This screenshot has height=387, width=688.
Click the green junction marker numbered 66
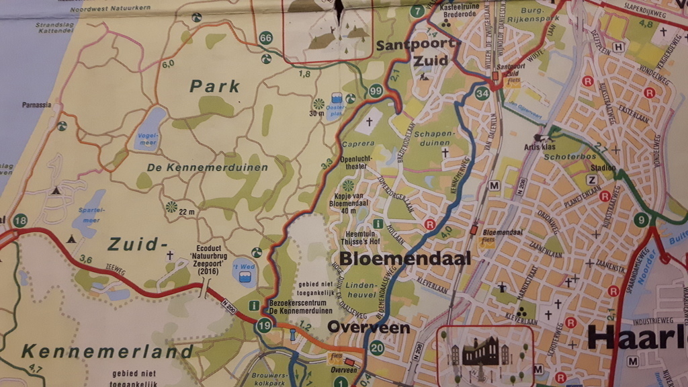tap(266, 38)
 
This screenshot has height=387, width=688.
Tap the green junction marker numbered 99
tap(376, 91)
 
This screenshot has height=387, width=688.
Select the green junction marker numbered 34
tap(481, 93)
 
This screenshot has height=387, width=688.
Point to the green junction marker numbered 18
tap(20, 220)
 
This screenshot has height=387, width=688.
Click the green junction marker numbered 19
tap(264, 326)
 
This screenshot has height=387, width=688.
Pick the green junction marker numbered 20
tap(377, 347)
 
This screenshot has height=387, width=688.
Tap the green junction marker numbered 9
tap(643, 220)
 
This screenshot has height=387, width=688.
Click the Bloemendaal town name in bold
tap(404, 259)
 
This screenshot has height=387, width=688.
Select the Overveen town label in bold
tap(369, 328)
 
